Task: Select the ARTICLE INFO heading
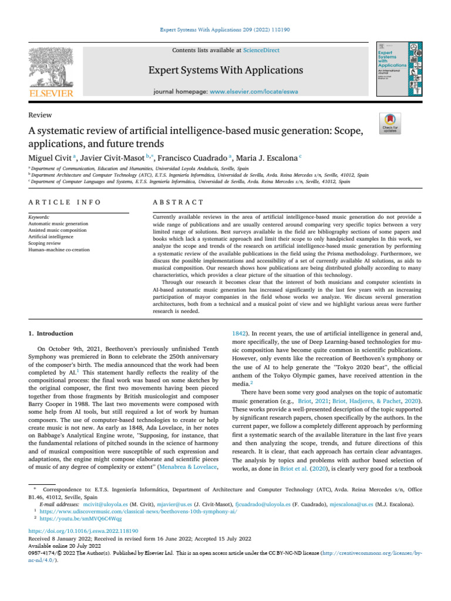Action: coord(65,202)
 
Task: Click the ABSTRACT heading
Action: coord(178,202)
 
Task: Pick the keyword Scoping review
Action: coord(47,243)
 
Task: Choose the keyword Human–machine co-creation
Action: coord(59,249)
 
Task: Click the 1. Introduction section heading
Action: coord(51,333)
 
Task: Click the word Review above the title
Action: coord(40,115)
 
